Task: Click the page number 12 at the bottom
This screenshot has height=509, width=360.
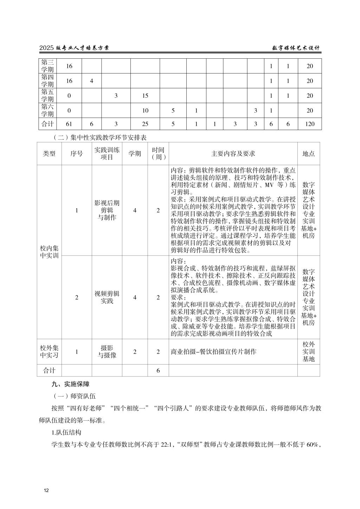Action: (46, 490)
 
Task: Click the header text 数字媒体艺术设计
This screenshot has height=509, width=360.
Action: (296, 48)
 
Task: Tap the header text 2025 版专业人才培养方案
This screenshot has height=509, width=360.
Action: (74, 48)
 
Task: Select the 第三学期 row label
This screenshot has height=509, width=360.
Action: (47, 66)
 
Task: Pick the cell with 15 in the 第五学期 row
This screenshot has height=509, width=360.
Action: (145, 96)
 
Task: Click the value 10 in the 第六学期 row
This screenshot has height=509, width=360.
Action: (145, 110)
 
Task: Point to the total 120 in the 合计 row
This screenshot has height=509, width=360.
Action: (309, 124)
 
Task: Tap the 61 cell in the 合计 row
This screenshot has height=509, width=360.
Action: (69, 124)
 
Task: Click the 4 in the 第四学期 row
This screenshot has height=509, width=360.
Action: (91, 81)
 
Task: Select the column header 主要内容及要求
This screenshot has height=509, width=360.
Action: (233, 154)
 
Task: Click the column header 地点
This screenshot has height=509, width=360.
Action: (309, 154)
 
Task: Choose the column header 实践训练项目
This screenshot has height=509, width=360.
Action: (107, 154)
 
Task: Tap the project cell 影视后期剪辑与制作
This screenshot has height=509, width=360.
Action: (107, 210)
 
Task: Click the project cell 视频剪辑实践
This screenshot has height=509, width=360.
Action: (107, 297)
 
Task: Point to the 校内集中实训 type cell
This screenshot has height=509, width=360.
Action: (49, 252)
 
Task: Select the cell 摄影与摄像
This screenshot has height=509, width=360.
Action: (107, 352)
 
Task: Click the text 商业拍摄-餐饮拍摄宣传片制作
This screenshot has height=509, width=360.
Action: (213, 352)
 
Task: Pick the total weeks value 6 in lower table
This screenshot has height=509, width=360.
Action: (158, 371)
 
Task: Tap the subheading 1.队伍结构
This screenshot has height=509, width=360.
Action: (66, 432)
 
